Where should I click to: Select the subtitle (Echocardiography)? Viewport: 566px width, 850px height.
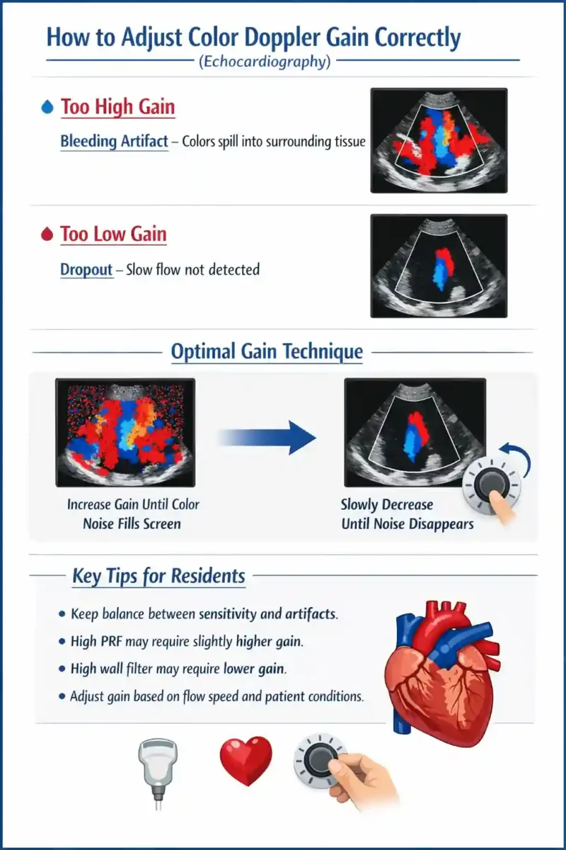coord(265,61)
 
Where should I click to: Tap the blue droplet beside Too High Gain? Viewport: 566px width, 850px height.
coord(47,107)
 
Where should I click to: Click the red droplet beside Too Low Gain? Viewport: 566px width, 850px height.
coord(47,234)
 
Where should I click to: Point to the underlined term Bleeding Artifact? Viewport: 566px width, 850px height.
coord(114,141)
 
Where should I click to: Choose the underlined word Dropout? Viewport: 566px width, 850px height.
coord(86,269)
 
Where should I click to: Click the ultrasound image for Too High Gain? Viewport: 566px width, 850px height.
coord(439,140)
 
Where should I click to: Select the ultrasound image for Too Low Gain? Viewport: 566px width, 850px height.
coord(439,266)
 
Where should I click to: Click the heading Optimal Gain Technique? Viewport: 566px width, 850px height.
coord(267,351)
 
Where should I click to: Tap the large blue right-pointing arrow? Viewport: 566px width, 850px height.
coord(267,437)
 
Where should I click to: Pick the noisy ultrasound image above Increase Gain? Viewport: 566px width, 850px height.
coord(125,433)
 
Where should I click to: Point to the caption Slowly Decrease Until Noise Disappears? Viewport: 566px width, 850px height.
coord(407,514)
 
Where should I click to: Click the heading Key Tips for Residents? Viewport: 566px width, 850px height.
coord(158,576)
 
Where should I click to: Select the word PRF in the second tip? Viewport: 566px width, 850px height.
coord(112,641)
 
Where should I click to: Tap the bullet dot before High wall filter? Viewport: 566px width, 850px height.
coord(62,669)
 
